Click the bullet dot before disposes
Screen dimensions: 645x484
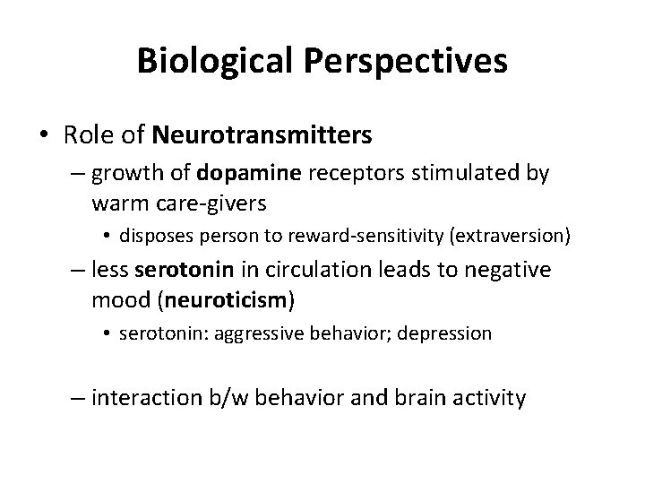pos(107,238)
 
